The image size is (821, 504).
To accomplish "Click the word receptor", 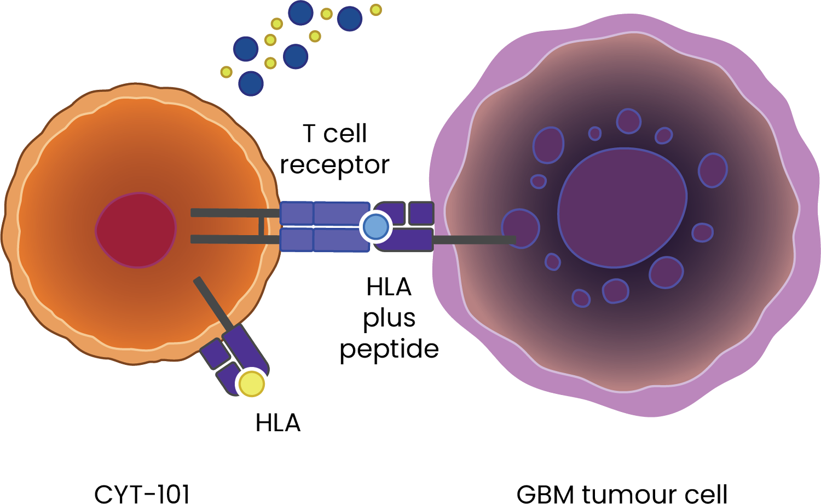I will [x=334, y=164].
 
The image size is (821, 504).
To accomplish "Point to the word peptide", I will [x=389, y=350].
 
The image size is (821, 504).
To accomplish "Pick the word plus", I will [x=389, y=318].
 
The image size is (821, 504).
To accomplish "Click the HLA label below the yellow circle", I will [x=278, y=423].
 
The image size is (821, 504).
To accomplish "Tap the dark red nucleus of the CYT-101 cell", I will [x=136, y=230].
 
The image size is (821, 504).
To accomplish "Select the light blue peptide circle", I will [x=376, y=227].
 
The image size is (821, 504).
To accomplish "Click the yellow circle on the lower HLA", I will [x=252, y=383].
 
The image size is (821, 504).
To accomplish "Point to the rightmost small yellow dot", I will [x=375, y=10].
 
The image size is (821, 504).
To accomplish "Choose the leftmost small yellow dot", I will [x=226, y=72].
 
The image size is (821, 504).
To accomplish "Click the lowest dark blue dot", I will [x=251, y=83].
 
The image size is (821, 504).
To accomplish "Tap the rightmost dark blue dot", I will [x=350, y=19].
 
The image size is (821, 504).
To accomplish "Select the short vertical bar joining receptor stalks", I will [x=262, y=226].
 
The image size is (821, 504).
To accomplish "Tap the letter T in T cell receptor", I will [x=309, y=133].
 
